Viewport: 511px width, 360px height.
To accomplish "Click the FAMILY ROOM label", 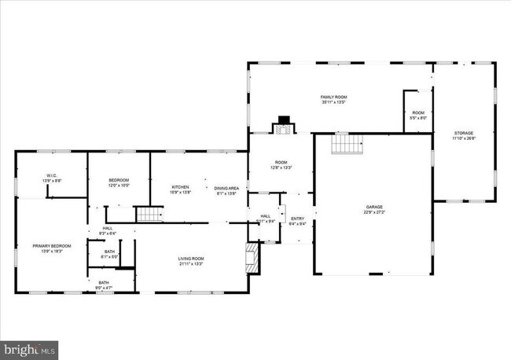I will [333, 97].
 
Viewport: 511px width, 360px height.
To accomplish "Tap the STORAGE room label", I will [464, 134].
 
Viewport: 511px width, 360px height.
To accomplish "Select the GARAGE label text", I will [373, 207].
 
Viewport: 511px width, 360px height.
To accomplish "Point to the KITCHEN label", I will [181, 187].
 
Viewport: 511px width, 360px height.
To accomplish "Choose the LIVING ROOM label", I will [190, 259].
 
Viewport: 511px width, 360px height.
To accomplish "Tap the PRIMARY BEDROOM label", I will [52, 246].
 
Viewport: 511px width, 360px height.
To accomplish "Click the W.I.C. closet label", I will [52, 176].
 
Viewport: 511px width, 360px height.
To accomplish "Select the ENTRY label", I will [297, 219].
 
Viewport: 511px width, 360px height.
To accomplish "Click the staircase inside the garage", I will [345, 144].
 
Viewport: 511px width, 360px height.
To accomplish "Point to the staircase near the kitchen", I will [149, 215].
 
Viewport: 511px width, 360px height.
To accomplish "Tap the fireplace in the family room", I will [282, 125].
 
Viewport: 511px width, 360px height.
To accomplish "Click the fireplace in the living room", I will [252, 258].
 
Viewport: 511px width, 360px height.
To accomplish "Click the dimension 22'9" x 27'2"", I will [373, 211].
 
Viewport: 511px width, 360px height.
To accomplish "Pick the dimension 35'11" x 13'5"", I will [333, 102].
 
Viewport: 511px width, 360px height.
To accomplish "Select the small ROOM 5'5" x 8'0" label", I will [418, 113].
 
